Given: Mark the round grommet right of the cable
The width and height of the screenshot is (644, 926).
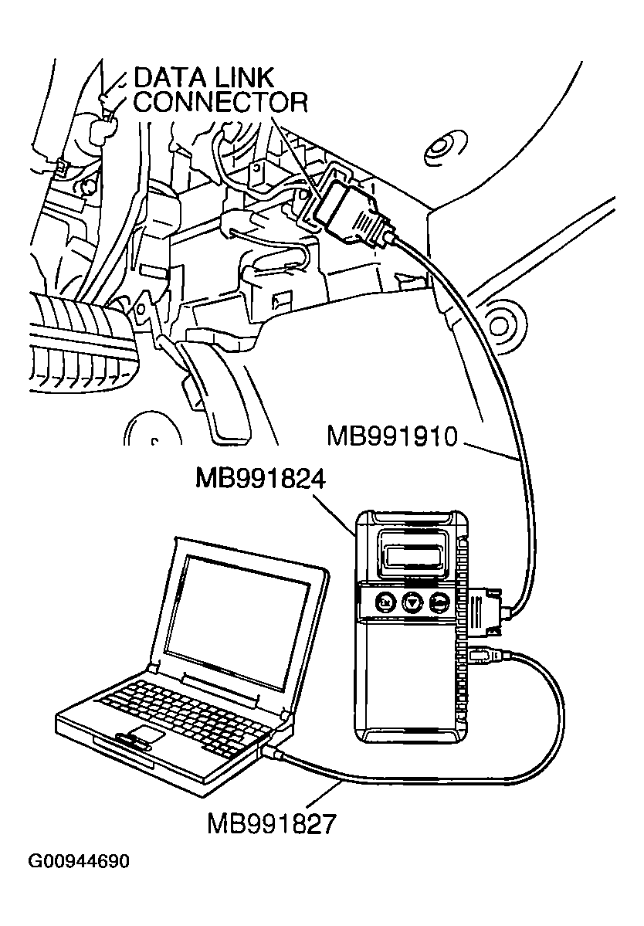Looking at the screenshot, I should [x=500, y=316].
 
